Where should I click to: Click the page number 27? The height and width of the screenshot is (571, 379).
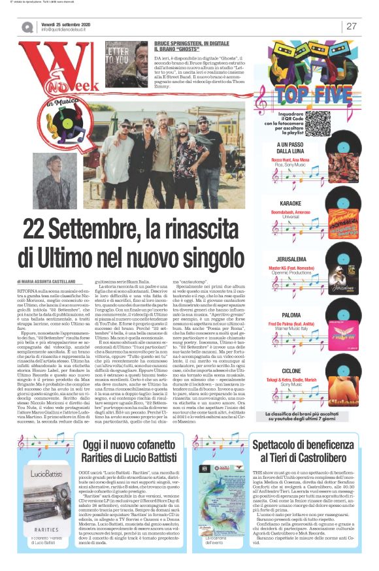point(351,26)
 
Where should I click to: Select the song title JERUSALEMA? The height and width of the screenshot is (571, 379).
point(290,259)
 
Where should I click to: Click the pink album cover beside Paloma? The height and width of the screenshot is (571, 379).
point(342,327)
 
